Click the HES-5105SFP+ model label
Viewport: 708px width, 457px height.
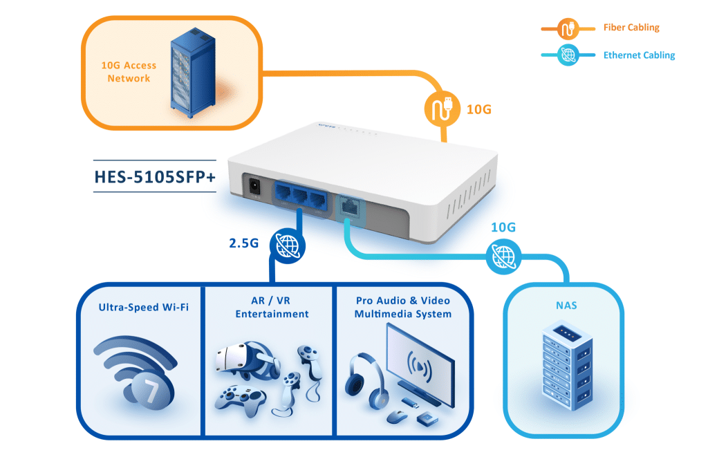click(x=154, y=176)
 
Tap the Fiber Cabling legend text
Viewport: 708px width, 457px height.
click(x=631, y=28)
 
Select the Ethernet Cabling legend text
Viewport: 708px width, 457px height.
click(x=639, y=55)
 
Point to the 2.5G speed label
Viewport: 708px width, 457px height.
click(x=243, y=243)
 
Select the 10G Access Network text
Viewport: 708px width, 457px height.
click(x=129, y=72)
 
